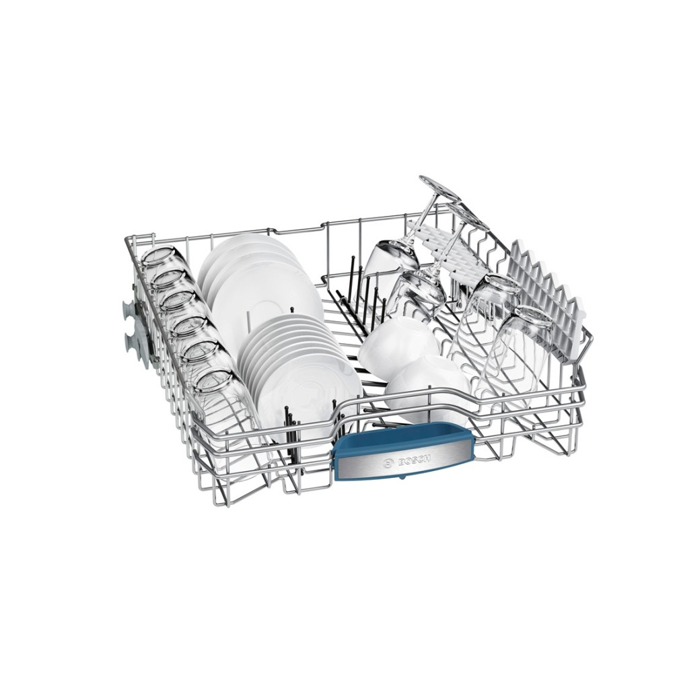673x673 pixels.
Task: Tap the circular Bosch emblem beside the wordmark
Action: tap(389, 464)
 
